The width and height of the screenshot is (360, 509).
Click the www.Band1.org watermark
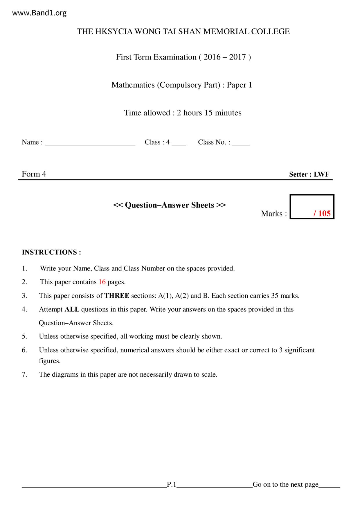tap(39, 13)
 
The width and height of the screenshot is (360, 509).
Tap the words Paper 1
tap(240, 85)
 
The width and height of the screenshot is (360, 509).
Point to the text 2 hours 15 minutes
tap(209, 113)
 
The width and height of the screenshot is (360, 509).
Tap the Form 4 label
tap(34, 174)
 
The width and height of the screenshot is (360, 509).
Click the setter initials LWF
tap(321, 174)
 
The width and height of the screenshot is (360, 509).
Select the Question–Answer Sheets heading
tap(170, 205)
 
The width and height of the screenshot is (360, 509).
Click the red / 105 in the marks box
tap(322, 214)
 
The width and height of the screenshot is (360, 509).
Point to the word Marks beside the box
tap(272, 214)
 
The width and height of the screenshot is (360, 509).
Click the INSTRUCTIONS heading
tap(51, 252)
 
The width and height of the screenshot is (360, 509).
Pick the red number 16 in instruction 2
tap(102, 282)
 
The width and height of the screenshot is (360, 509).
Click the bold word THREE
tap(117, 296)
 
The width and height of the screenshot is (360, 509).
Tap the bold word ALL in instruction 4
tap(72, 309)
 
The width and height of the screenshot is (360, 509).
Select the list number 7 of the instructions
tap(24, 374)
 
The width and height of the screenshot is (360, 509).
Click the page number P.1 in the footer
tap(172, 484)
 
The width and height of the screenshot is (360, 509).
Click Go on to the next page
tap(285, 484)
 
